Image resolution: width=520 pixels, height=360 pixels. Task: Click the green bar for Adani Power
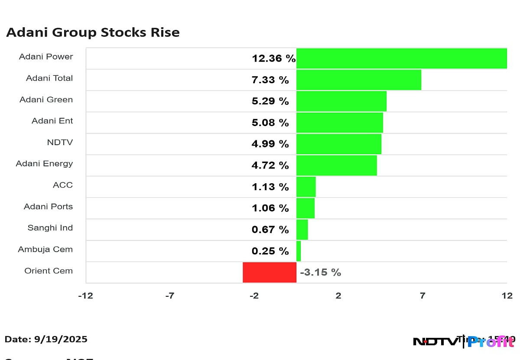click(401, 58)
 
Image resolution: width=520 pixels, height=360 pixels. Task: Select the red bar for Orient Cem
click(269, 272)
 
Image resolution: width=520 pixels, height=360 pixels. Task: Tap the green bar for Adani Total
click(358, 80)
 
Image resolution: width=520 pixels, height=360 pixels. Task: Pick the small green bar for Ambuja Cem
click(298, 251)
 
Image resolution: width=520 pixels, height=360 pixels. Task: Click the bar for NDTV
click(338, 144)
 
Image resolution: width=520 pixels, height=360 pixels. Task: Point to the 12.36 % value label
click(273, 58)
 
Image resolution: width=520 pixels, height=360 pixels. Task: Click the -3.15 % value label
click(320, 272)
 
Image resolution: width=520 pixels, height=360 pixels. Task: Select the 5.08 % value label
click(270, 123)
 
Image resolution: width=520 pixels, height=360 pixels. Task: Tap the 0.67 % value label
click(270, 230)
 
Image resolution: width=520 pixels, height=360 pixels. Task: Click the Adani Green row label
click(46, 100)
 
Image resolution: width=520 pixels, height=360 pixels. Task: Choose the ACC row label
click(63, 185)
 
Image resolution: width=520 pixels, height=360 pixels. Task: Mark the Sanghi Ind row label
click(50, 228)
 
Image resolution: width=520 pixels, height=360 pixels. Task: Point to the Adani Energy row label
click(44, 164)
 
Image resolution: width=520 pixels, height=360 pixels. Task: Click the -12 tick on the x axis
click(85, 296)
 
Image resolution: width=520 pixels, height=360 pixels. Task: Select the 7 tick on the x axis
click(422, 296)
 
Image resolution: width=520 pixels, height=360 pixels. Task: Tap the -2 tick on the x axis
click(254, 296)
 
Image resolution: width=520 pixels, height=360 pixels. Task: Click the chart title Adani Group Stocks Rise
click(93, 32)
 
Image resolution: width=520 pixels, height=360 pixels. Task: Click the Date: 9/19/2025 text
click(46, 339)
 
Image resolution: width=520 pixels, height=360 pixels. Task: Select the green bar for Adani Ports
click(305, 208)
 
